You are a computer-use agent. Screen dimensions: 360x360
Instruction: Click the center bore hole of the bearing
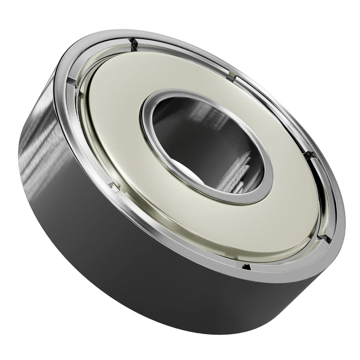tap(206, 146)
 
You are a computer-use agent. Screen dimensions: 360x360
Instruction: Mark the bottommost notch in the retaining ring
tap(246, 267)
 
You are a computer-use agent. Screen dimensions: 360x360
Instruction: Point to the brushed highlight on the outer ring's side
tap(41, 150)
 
